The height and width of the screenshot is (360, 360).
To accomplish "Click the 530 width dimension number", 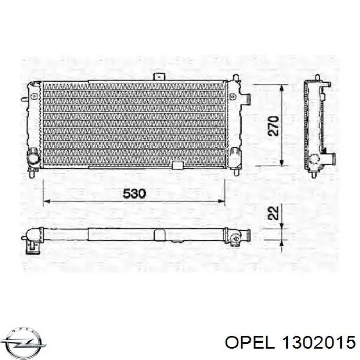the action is coord(134,193).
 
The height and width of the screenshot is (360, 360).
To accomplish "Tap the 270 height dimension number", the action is coord(274,126).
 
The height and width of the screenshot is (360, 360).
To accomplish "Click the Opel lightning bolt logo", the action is coord(25,343).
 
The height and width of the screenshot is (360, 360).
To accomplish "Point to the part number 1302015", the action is coord(319,343).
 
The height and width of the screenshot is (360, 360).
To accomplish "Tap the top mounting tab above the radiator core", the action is coord(159,77).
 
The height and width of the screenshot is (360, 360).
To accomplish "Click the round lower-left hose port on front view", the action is coord(33,158).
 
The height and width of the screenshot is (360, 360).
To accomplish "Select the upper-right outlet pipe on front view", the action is coord(245,98).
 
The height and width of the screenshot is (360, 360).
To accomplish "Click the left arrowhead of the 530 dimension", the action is coord(46,202).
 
